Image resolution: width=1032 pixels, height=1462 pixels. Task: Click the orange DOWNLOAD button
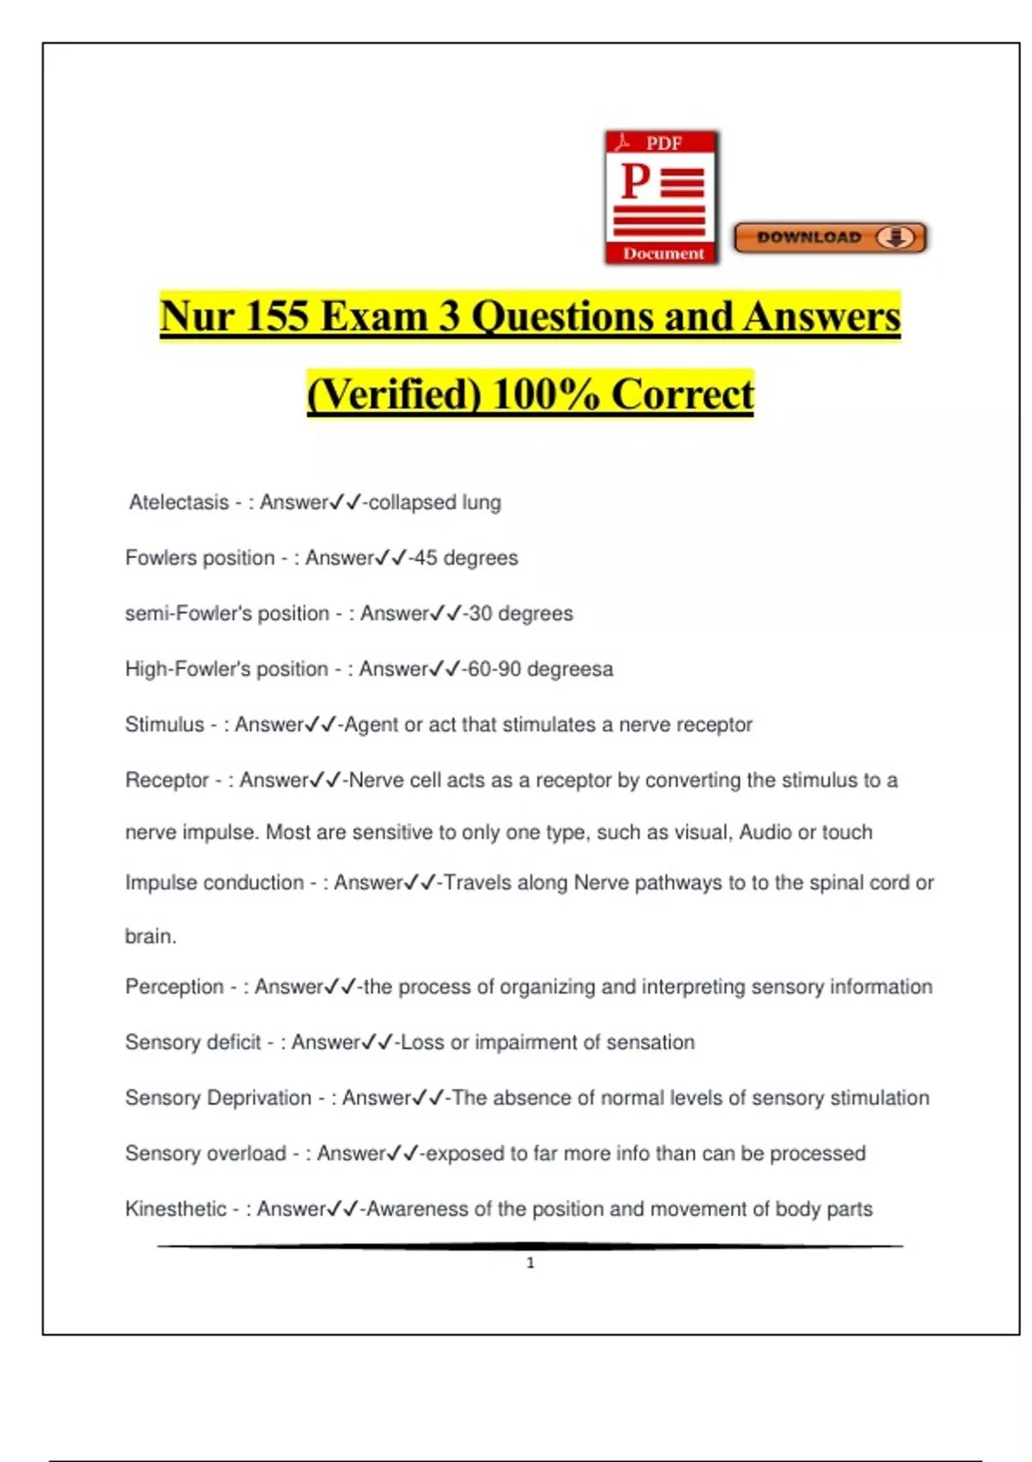click(830, 237)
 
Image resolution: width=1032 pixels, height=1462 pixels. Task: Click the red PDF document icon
click(661, 198)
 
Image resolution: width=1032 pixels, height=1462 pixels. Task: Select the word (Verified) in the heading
click(394, 395)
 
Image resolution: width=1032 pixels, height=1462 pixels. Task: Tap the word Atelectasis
click(179, 502)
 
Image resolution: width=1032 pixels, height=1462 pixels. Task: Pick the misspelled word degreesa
click(570, 669)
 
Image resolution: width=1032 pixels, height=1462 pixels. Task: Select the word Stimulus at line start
click(164, 725)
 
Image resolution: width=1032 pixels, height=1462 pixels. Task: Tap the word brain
click(150, 937)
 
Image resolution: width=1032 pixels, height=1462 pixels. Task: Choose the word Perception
click(174, 986)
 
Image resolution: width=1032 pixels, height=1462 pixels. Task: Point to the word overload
click(245, 1153)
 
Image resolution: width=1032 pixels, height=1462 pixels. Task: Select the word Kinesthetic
click(175, 1209)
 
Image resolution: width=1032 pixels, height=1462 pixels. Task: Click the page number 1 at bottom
click(530, 1262)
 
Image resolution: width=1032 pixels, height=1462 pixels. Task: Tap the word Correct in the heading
click(682, 395)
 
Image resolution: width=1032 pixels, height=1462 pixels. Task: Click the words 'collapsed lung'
click(434, 502)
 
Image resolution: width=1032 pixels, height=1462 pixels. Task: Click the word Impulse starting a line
click(162, 883)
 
